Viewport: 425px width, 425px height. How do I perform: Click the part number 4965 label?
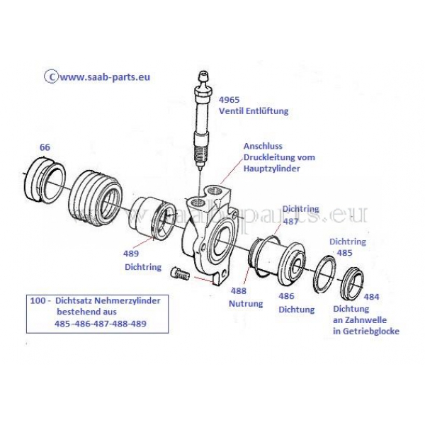230,99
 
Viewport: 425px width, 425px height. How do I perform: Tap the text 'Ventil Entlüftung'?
253,111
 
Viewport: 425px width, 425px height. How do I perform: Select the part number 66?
45,147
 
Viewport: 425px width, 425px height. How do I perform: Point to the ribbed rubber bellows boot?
93,198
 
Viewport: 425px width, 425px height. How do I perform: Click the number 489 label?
132,253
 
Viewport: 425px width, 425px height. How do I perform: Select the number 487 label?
290,221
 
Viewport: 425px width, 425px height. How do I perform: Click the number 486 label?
285,297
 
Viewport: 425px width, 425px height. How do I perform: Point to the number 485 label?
344,253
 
